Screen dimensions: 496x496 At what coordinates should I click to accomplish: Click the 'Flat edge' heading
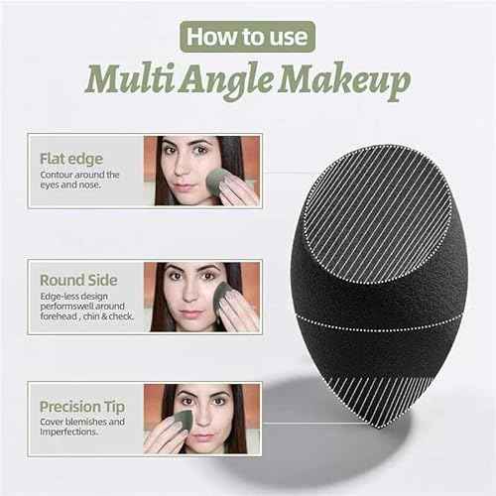[70, 157]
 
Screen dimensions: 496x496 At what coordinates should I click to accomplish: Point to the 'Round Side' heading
[79, 281]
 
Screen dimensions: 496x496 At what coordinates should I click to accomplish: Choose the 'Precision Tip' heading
[82, 406]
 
